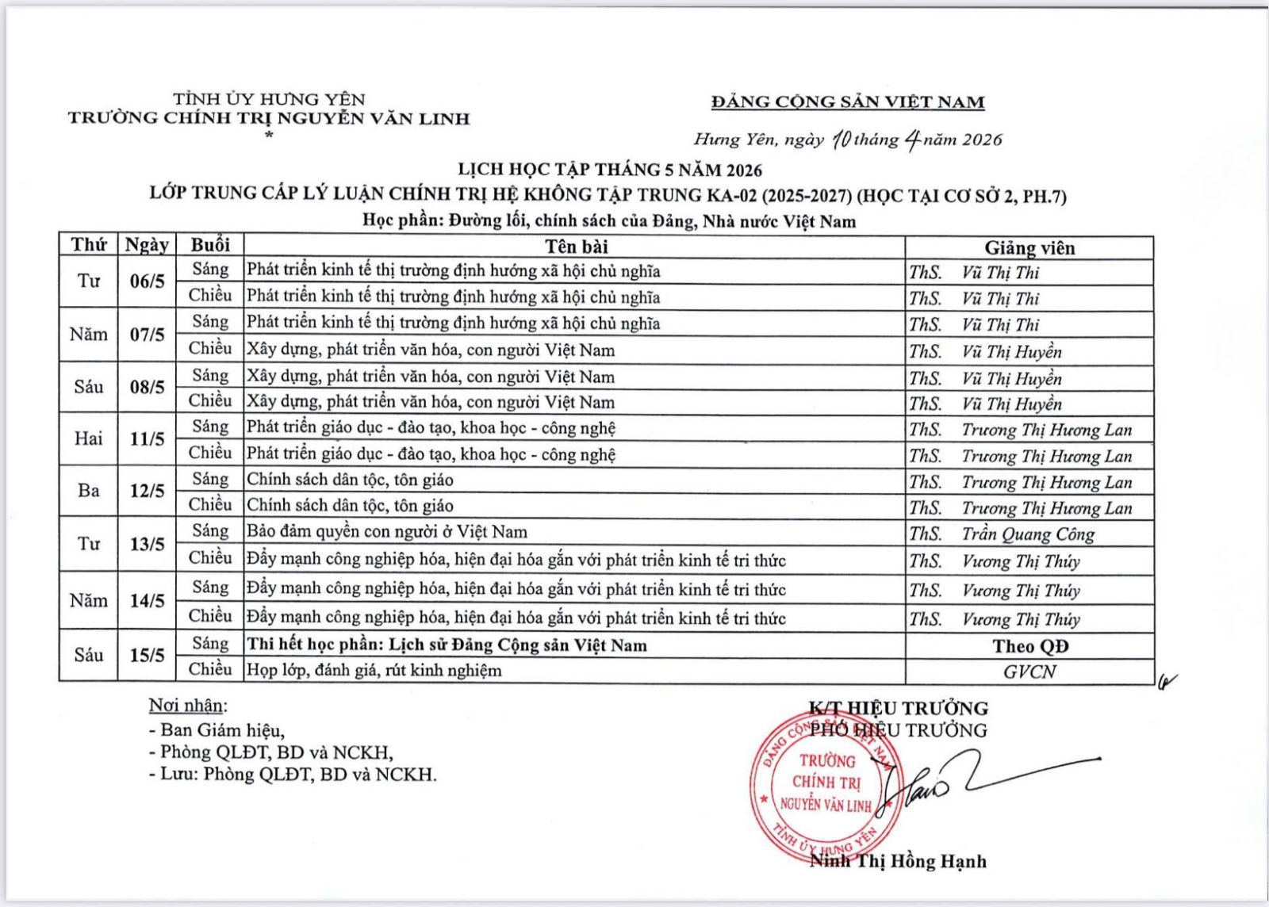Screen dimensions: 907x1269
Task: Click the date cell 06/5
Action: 147,281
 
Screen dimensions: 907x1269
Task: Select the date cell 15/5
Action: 147,655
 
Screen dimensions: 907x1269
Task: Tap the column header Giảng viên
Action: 1029,247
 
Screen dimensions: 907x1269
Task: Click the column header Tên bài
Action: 577,246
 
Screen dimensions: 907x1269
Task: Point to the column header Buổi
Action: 210,245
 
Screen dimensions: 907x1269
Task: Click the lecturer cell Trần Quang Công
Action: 1028,534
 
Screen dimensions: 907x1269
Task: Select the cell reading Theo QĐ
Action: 1030,646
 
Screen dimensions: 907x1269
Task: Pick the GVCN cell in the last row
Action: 1029,672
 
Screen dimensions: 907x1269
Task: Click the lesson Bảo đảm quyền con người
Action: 387,532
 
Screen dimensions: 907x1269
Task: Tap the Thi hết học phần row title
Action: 447,645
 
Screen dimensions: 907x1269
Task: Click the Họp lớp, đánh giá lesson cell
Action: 374,671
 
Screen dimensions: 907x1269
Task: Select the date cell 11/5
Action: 147,438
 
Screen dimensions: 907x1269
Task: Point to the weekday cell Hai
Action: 88,438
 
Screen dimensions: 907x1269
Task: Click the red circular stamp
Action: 825,785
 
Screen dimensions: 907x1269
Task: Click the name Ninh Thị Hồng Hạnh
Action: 898,861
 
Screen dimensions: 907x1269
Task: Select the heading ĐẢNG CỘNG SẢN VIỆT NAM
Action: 848,101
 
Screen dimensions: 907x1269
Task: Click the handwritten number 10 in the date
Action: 842,140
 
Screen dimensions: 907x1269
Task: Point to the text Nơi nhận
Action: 187,706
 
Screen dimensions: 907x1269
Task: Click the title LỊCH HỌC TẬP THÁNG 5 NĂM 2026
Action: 610,170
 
